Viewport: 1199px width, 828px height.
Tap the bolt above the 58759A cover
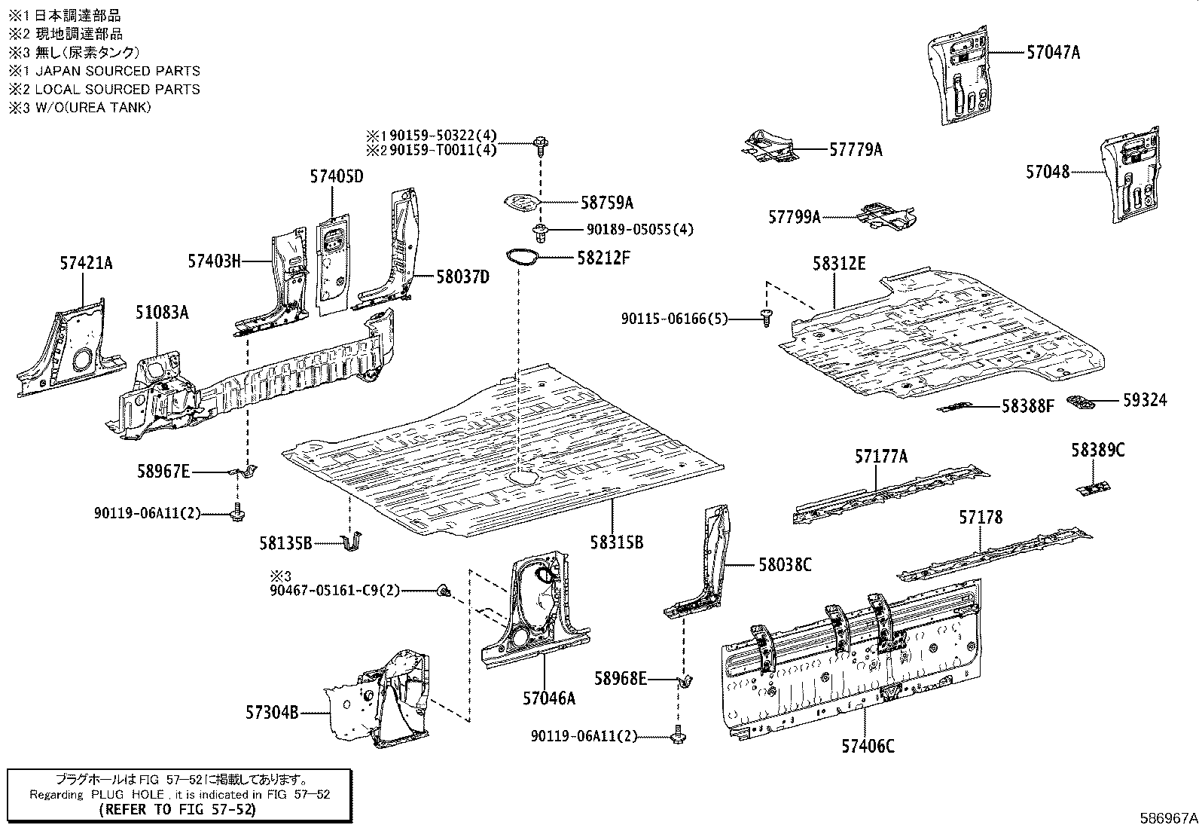[541, 142]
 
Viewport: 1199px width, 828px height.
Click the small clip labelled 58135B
[352, 542]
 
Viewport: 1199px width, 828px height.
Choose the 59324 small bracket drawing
[1082, 402]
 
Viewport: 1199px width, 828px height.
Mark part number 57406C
[868, 746]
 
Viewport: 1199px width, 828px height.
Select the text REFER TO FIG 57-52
[178, 810]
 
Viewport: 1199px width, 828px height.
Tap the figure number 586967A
[1167, 817]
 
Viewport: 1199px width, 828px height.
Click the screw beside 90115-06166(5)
[766, 318]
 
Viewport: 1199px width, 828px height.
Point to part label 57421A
[86, 263]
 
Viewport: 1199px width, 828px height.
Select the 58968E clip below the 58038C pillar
[685, 681]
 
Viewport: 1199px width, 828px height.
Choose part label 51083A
[162, 312]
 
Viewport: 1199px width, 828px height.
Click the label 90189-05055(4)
[639, 229]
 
